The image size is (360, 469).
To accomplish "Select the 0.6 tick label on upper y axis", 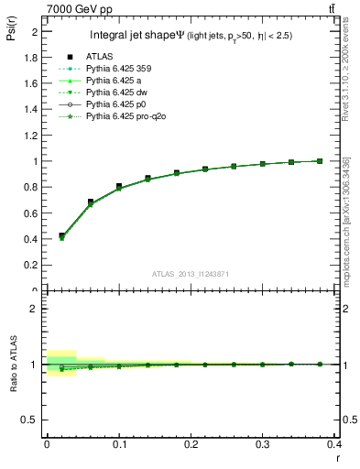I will [x=33, y=213].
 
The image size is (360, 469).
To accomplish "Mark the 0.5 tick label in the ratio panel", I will [x=33, y=420].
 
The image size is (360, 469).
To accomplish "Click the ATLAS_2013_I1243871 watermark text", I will [x=192, y=274].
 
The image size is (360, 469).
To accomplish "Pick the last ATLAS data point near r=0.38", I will [x=320, y=160].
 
